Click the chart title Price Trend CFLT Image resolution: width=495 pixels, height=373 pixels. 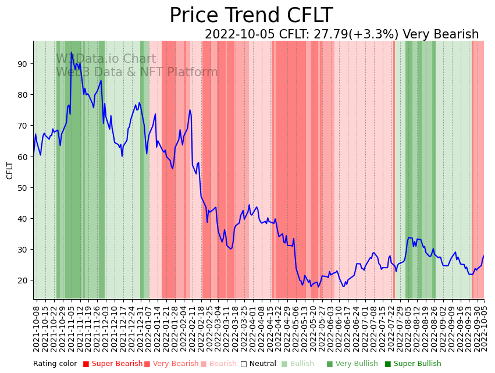251,16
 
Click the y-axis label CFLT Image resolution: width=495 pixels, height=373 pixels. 10,170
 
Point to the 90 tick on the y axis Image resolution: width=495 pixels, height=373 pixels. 22,64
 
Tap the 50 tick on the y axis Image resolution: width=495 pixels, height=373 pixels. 22,188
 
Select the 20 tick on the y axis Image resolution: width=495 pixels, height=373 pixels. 22,280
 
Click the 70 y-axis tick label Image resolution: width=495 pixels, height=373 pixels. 22,126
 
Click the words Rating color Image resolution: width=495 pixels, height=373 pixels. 55,364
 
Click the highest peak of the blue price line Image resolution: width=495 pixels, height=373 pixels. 72,52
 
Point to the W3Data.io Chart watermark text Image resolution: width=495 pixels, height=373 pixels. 106,59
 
